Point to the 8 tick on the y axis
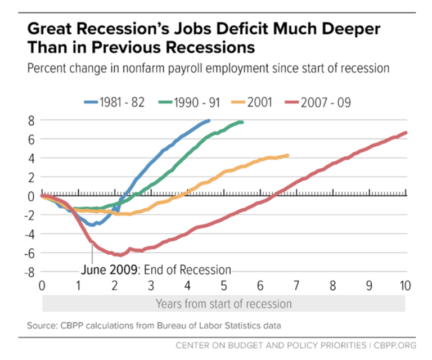point(31,120)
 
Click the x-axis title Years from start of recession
point(223,304)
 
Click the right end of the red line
point(405,133)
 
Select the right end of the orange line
point(287,155)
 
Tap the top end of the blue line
point(208,120)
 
